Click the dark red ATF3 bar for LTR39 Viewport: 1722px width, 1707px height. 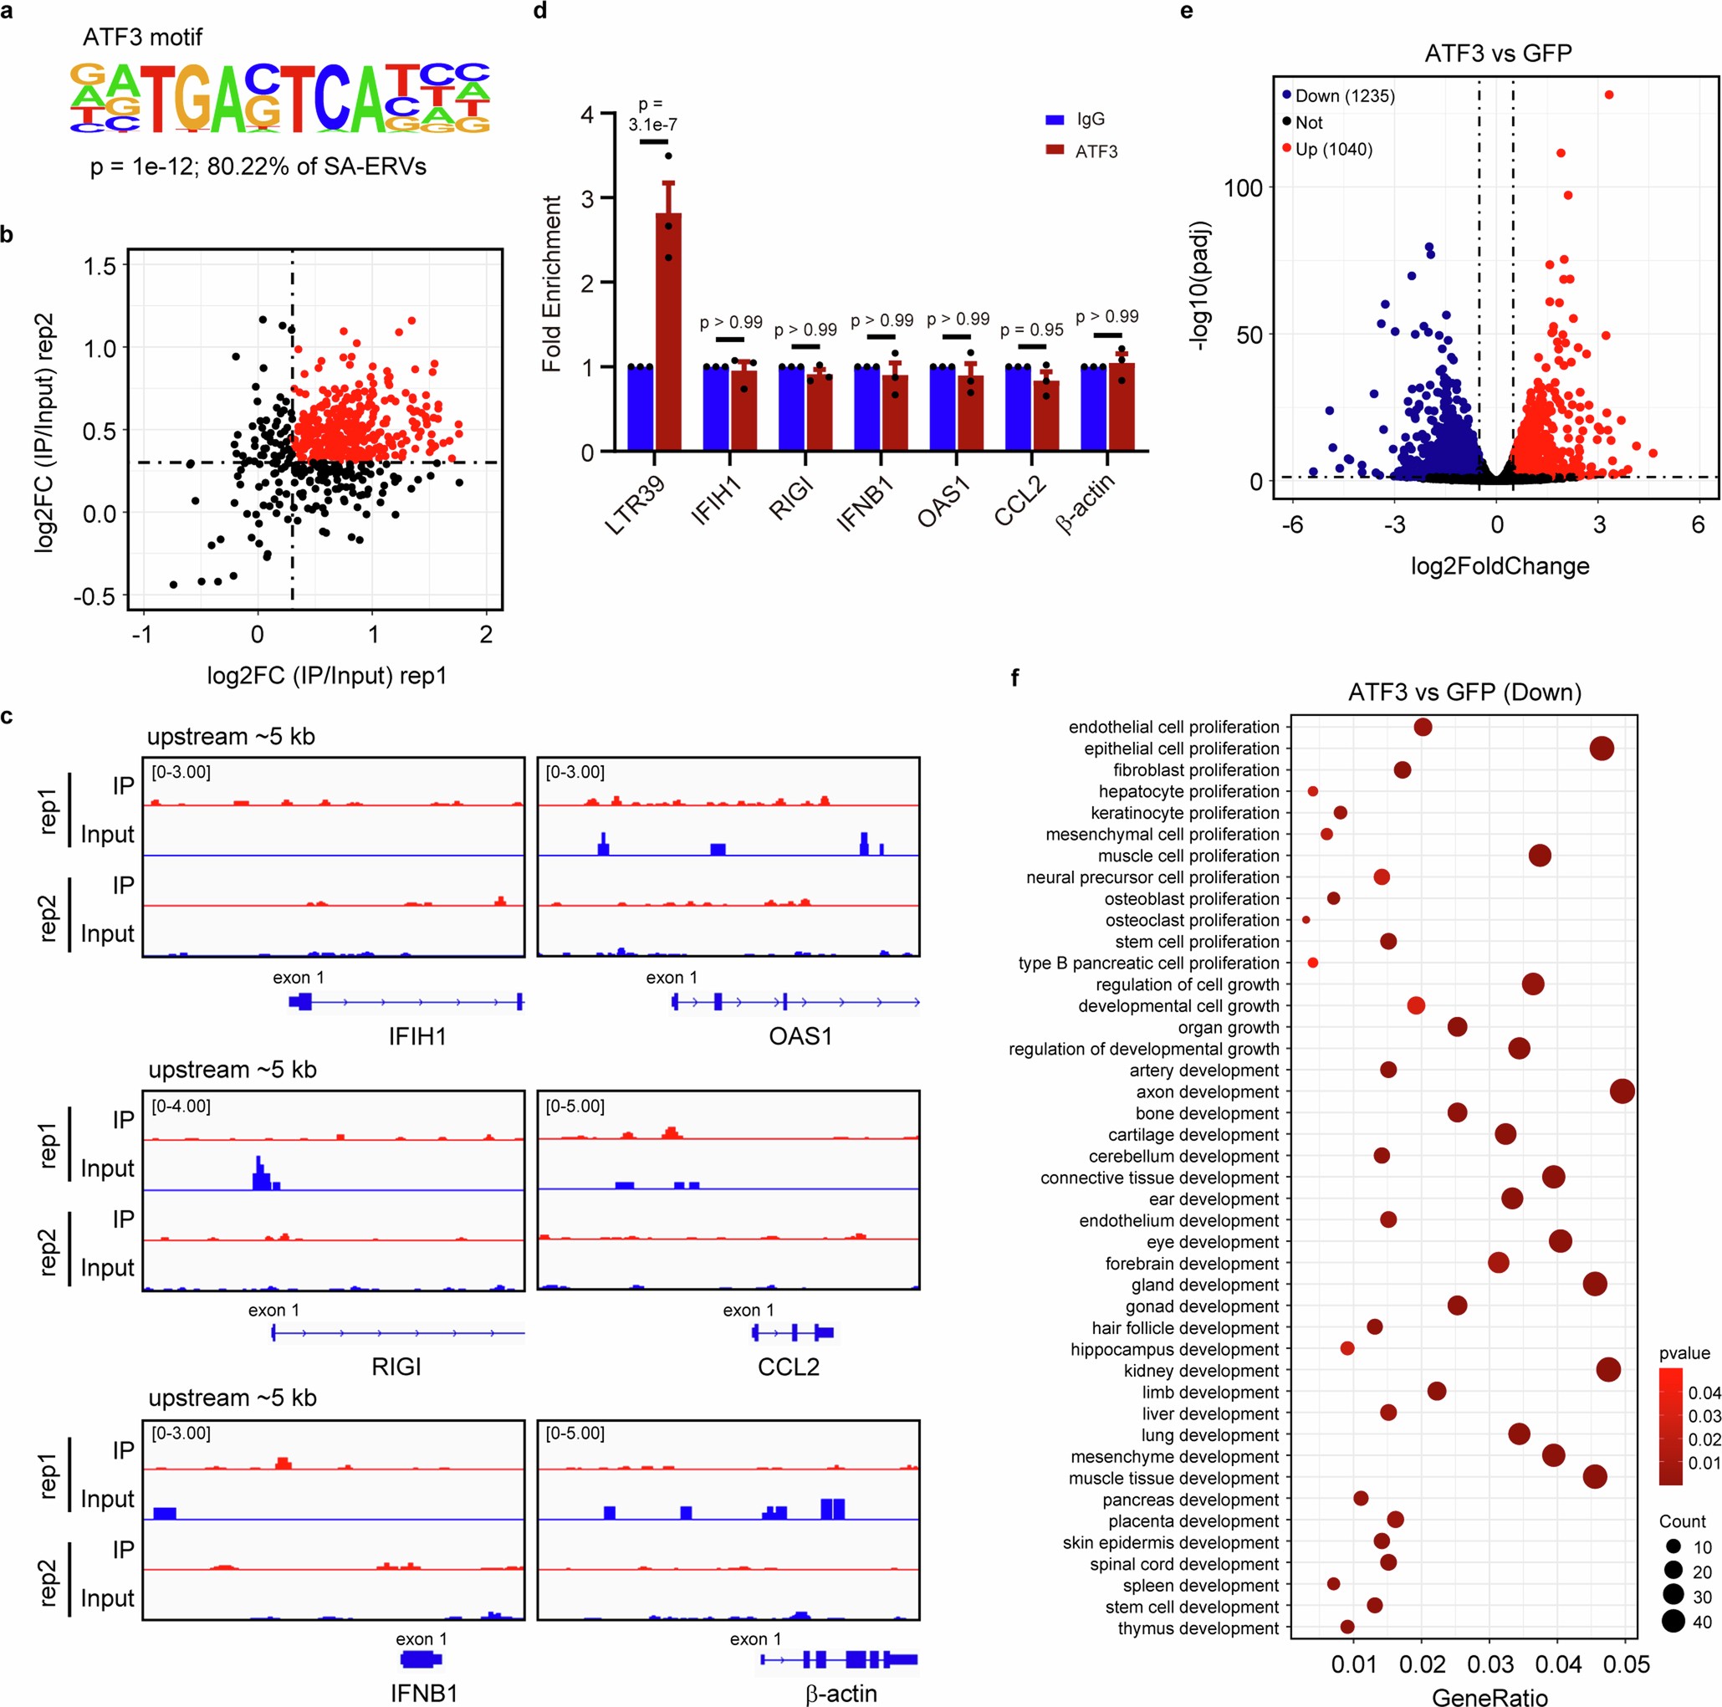pyautogui.click(x=668, y=335)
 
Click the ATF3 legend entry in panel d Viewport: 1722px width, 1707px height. pyautogui.click(x=1082, y=151)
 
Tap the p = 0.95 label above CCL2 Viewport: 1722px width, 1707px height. pyautogui.click(x=1031, y=330)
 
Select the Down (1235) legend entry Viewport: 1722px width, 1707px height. pyautogui.click(x=1338, y=96)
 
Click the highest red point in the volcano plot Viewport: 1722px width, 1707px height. pyautogui.click(x=1609, y=95)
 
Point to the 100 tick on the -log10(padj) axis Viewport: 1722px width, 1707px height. pyautogui.click(x=1243, y=188)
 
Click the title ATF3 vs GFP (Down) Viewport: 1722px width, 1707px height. pyautogui.click(x=1464, y=692)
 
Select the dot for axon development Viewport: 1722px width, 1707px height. pyautogui.click(x=1622, y=1091)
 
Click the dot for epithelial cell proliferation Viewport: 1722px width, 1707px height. pyautogui.click(x=1602, y=749)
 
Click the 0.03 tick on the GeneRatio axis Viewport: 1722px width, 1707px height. pyautogui.click(x=1490, y=1664)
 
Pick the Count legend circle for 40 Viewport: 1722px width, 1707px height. pyautogui.click(x=1673, y=1622)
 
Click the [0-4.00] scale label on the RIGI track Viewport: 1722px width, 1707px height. pyautogui.click(x=181, y=1106)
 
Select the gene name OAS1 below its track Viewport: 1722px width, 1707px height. pyautogui.click(x=800, y=1035)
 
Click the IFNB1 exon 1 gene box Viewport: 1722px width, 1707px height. pyautogui.click(x=420, y=1658)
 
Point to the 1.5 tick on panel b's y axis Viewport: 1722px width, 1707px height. pyautogui.click(x=100, y=266)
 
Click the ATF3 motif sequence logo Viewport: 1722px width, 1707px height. pyautogui.click(x=280, y=98)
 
